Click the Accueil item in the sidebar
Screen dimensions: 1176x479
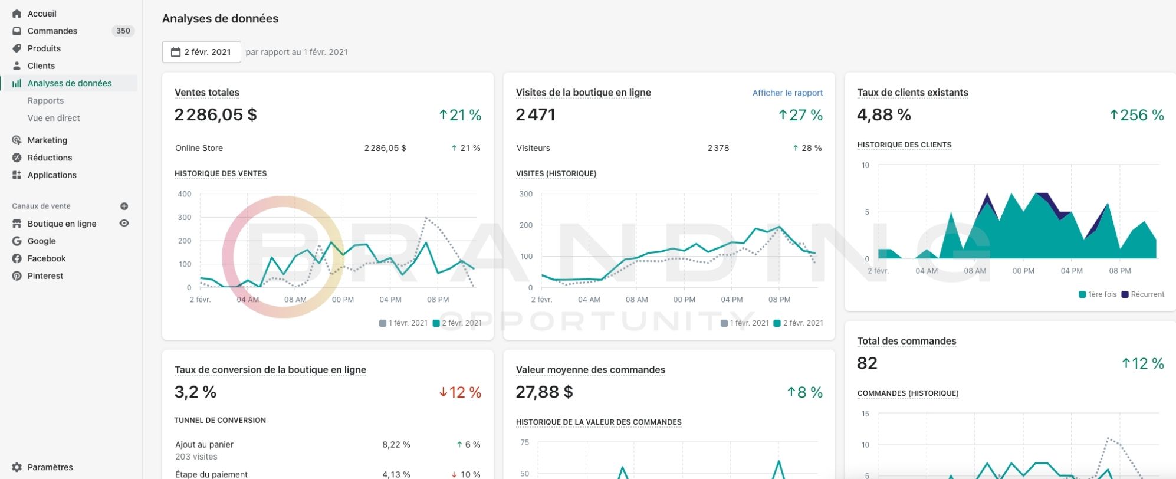click(42, 14)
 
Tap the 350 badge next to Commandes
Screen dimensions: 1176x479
click(123, 31)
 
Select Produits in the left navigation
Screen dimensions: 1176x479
click(44, 48)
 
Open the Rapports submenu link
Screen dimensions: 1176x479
click(45, 101)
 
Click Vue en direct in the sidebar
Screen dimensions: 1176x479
click(54, 118)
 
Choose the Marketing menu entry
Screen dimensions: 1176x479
click(47, 140)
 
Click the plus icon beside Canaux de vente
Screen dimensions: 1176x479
click(124, 206)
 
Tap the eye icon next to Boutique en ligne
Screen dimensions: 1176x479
click(124, 224)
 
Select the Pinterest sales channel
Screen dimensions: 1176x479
click(45, 276)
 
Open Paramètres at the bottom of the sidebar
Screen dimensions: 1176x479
click(50, 467)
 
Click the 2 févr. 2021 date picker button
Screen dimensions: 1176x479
click(202, 52)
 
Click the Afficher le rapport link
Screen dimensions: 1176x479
click(787, 93)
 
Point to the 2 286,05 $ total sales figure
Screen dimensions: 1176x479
click(216, 114)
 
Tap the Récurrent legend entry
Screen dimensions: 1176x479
click(1143, 294)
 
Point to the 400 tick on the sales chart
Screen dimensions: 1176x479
click(185, 194)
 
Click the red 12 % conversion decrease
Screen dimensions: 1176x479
click(460, 392)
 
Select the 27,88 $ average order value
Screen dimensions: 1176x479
click(544, 392)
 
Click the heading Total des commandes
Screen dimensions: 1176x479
click(906, 341)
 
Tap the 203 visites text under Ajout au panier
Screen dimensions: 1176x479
click(196, 457)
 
